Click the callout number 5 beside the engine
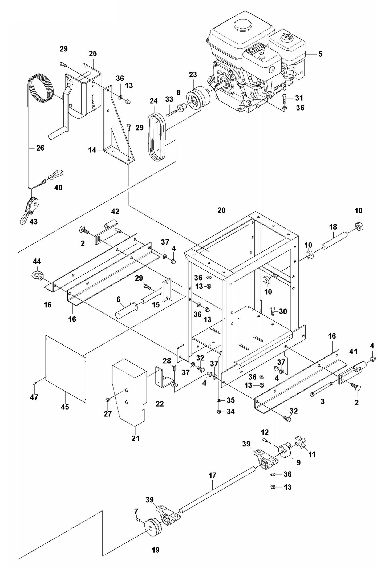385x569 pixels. [x=320, y=54]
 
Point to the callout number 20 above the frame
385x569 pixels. [x=221, y=210]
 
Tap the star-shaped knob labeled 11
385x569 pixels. [x=302, y=442]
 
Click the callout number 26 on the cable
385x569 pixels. [x=40, y=148]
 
